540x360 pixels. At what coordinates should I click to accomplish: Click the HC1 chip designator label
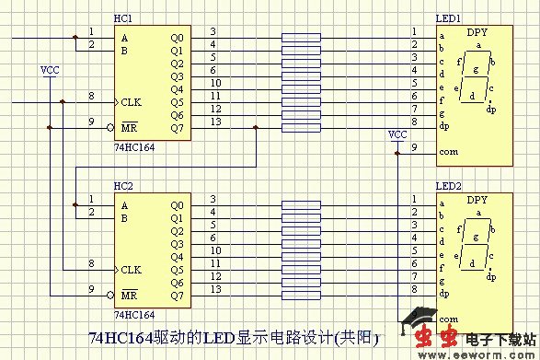point(122,19)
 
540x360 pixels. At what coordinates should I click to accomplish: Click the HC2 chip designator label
point(122,186)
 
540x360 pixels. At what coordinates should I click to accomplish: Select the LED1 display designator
point(448,19)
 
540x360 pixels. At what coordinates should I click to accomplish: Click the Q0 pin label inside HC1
point(177,38)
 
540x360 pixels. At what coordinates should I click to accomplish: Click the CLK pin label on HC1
point(131,102)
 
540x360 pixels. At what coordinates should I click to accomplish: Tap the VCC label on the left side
point(50,70)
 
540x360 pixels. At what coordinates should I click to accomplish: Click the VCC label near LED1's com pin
point(397,134)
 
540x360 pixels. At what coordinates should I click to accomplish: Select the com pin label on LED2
point(448,319)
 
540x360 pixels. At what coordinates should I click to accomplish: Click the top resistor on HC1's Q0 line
point(301,38)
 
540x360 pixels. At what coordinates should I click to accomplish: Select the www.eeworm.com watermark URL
point(488,353)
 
